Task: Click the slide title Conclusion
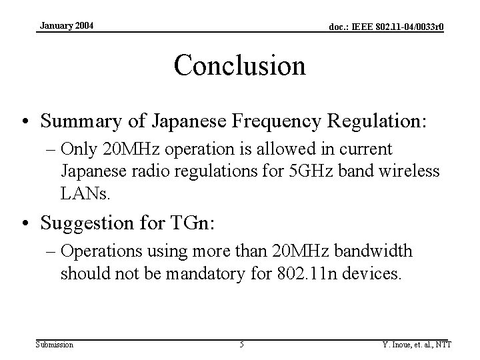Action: tap(239, 65)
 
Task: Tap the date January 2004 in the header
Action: tap(67, 25)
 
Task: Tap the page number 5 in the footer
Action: tap(241, 344)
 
